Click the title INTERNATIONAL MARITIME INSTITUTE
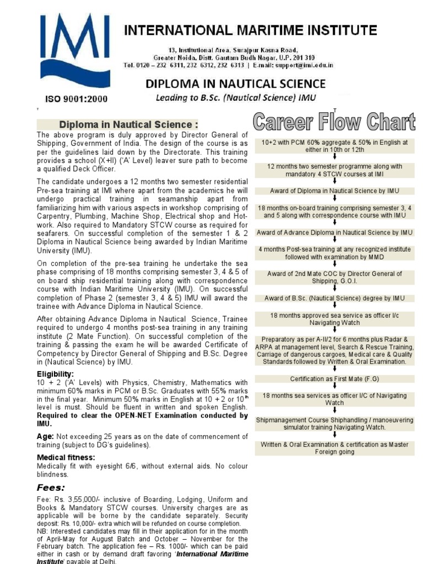[251, 30]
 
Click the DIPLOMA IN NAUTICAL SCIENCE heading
[235, 84]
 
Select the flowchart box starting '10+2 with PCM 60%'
[335, 146]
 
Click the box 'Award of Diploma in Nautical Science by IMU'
[335, 191]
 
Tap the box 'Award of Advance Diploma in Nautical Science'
[335, 232]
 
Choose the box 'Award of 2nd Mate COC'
[335, 278]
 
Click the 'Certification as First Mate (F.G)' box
[335, 378]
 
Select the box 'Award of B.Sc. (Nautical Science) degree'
[335, 298]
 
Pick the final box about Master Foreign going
[335, 448]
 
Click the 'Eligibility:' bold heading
[55, 374]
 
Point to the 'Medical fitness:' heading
[66, 458]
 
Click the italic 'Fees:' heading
[51, 487]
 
